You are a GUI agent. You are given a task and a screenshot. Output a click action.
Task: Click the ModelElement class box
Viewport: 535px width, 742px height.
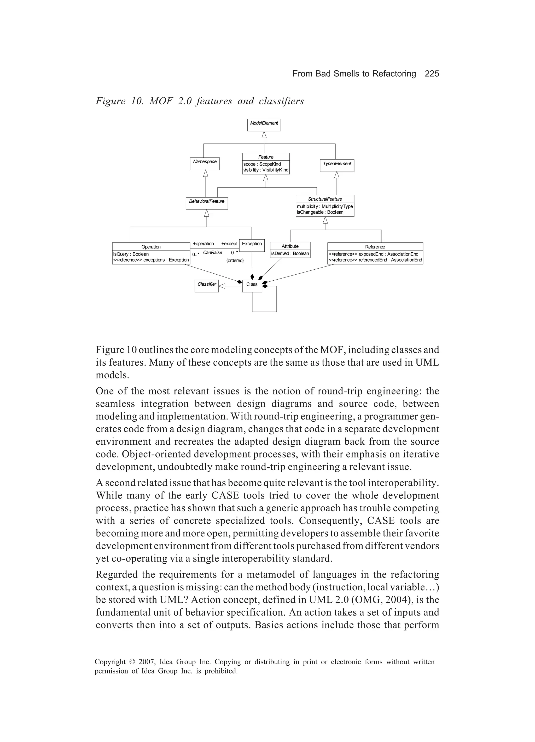(x=264, y=125)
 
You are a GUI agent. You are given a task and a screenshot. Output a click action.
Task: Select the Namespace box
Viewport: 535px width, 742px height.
(x=205, y=163)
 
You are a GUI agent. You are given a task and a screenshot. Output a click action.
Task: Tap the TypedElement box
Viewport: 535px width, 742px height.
(x=337, y=166)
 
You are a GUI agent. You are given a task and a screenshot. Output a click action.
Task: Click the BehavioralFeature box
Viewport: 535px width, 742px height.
(x=207, y=203)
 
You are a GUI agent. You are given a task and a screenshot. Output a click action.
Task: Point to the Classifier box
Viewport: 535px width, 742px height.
(x=207, y=286)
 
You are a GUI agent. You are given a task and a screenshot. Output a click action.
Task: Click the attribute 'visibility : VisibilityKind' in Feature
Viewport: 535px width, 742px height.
(x=266, y=170)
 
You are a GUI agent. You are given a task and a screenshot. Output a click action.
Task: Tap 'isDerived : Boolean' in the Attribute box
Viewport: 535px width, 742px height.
(x=290, y=253)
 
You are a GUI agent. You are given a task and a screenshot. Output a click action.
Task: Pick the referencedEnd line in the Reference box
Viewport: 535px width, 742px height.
(x=375, y=260)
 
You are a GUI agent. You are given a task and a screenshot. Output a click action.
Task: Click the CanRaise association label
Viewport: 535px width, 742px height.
(x=212, y=253)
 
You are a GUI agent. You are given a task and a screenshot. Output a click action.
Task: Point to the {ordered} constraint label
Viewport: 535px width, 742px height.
(x=235, y=261)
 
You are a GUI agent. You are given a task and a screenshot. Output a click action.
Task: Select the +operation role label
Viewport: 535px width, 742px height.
(x=203, y=244)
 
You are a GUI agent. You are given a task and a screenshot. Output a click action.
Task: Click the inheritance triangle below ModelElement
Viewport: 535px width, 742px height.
(x=264, y=135)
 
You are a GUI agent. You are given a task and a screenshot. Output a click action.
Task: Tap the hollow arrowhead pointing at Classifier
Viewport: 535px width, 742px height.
(x=222, y=286)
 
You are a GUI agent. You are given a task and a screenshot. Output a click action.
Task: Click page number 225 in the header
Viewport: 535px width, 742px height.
(x=432, y=74)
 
